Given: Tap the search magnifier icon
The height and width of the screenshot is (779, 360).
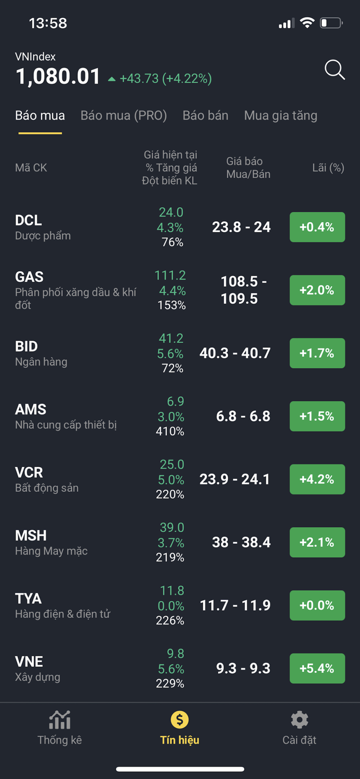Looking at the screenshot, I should pyautogui.click(x=335, y=70).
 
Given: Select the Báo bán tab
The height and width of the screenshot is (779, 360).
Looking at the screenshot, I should pyautogui.click(x=205, y=115).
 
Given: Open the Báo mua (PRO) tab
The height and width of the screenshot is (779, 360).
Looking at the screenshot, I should pyautogui.click(x=124, y=115).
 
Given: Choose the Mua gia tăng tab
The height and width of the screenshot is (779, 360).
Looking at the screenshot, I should pyautogui.click(x=281, y=115).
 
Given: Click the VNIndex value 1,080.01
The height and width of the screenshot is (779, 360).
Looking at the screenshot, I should pyautogui.click(x=58, y=77).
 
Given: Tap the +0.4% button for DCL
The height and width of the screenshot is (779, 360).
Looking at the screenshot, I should pyautogui.click(x=317, y=227).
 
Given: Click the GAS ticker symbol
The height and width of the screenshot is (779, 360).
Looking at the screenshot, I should pyautogui.click(x=29, y=277).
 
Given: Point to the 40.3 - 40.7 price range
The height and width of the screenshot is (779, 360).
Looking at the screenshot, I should pyautogui.click(x=235, y=353).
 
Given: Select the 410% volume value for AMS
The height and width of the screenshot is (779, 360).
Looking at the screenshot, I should pyautogui.click(x=170, y=431).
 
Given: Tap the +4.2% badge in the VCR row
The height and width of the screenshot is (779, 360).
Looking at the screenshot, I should pyautogui.click(x=317, y=479).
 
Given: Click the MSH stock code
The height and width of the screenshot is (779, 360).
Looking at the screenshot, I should pyautogui.click(x=31, y=535).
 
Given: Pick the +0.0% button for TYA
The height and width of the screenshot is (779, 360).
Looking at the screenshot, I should pyautogui.click(x=317, y=605).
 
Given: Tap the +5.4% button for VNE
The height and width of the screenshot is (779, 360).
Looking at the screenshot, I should pyautogui.click(x=317, y=668).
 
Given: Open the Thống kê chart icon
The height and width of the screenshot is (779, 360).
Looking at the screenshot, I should pyautogui.click(x=60, y=720).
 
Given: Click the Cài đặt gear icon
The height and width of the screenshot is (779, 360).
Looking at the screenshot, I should pyautogui.click(x=299, y=720).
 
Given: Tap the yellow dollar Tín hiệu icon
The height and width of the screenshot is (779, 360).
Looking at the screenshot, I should pyautogui.click(x=180, y=720).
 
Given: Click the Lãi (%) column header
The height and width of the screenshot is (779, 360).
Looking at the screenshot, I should pyautogui.click(x=328, y=168).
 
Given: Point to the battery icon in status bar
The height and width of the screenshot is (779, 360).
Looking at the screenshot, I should pyautogui.click(x=330, y=23).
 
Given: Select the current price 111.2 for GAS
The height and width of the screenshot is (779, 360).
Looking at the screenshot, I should pyautogui.click(x=170, y=275).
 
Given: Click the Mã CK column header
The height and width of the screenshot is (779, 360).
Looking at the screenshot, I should pyautogui.click(x=31, y=168).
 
